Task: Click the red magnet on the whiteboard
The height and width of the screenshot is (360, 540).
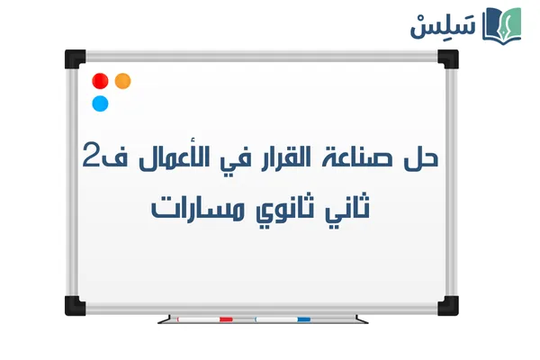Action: pos(100,81)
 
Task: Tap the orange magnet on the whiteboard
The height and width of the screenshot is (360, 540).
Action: pos(122,80)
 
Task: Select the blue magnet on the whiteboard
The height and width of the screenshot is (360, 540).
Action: pos(100,103)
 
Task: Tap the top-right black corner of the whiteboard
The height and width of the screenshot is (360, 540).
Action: pos(448,59)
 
